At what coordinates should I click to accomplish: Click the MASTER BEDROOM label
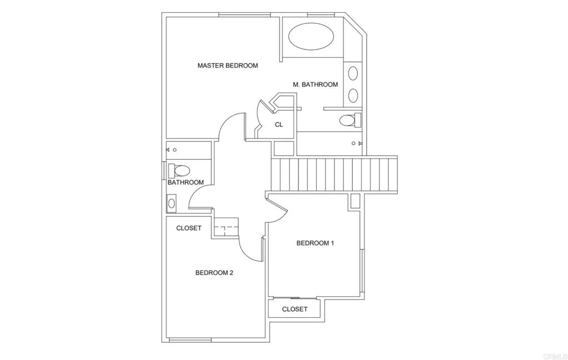(227, 65)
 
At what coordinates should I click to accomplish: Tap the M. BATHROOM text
(315, 84)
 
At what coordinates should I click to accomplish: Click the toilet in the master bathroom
(349, 120)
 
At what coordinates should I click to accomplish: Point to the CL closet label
(279, 125)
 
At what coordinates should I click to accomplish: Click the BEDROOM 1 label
(315, 243)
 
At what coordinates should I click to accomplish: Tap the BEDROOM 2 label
(214, 272)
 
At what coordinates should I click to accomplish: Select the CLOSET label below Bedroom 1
(295, 309)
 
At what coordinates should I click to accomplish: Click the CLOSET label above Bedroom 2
(189, 228)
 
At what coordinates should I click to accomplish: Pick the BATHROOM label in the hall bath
(185, 182)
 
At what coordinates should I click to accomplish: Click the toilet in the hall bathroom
(180, 170)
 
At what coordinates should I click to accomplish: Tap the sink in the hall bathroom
(171, 204)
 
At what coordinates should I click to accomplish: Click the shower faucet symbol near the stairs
(357, 143)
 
